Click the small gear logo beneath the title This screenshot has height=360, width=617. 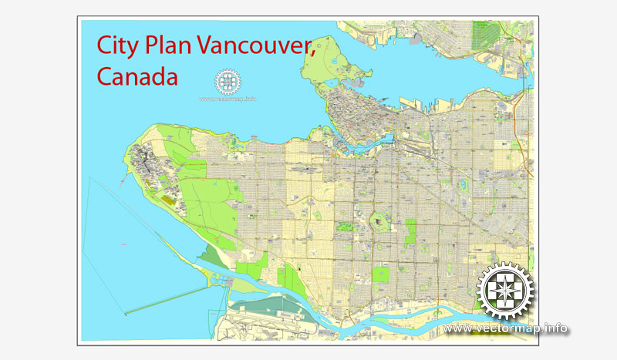(228, 82)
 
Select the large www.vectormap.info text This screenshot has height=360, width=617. (507, 329)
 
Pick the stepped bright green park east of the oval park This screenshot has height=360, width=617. (410, 230)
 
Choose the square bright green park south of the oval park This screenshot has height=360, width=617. (380, 274)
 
